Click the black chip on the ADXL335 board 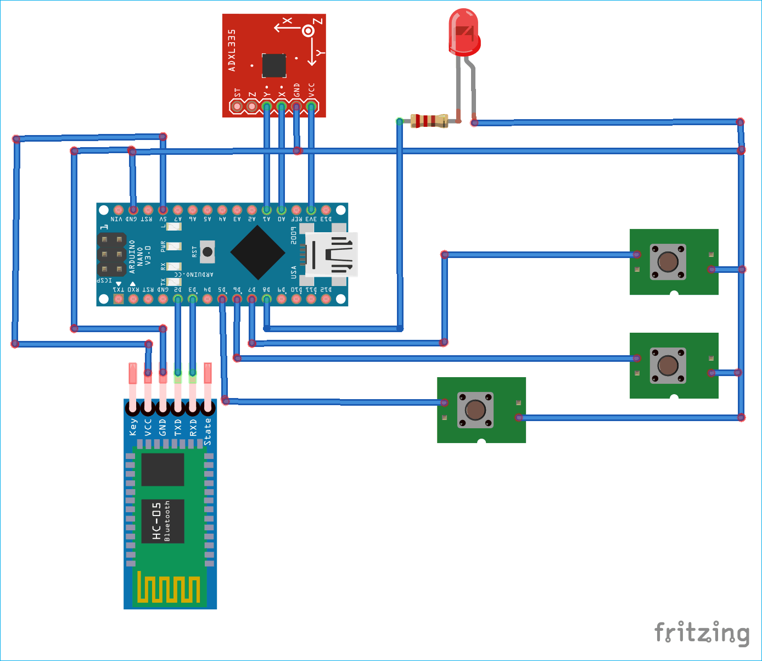coord(274,66)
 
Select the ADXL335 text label coord(232,51)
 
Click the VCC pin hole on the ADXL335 coord(311,105)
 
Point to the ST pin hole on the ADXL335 coord(237,105)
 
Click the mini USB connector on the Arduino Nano coord(332,254)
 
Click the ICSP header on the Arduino coord(111,255)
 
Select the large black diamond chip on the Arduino coord(257,252)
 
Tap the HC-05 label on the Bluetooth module coord(157,520)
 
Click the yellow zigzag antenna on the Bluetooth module coord(169,587)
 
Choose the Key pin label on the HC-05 coord(133,427)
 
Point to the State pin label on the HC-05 coord(208,432)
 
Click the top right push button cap coord(668,262)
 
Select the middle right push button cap coord(668,365)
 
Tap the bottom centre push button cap coord(475,410)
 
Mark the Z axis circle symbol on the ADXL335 coord(309,31)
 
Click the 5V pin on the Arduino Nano coord(163,210)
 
